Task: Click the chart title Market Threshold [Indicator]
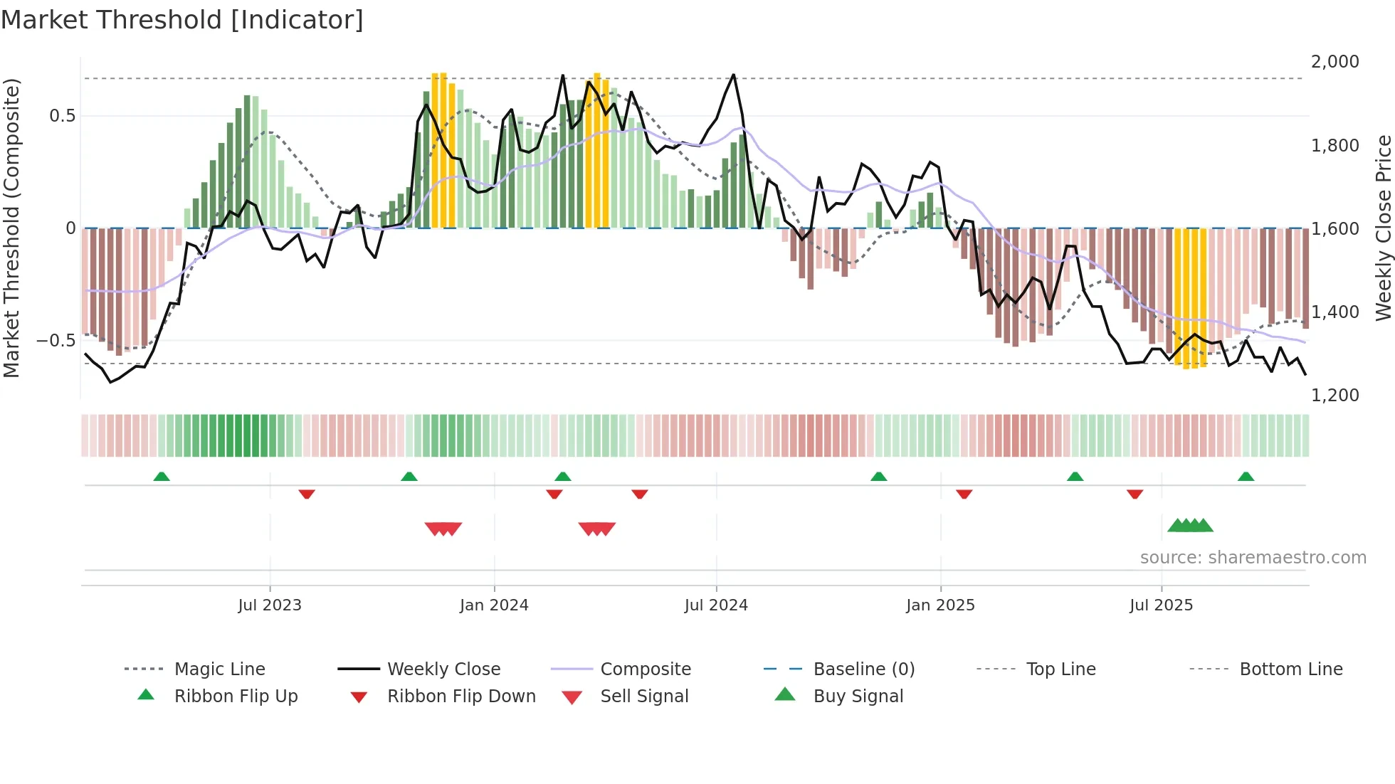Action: click(182, 20)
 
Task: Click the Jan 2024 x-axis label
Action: click(494, 605)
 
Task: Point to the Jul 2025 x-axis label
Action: click(1161, 605)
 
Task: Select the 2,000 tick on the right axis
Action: click(1335, 62)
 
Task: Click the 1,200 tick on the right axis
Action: click(1335, 395)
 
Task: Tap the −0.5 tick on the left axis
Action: click(56, 340)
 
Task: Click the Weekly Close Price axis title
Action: click(1383, 228)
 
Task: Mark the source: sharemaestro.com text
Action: click(1253, 557)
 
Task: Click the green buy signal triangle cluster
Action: click(1190, 526)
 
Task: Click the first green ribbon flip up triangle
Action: click(162, 477)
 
